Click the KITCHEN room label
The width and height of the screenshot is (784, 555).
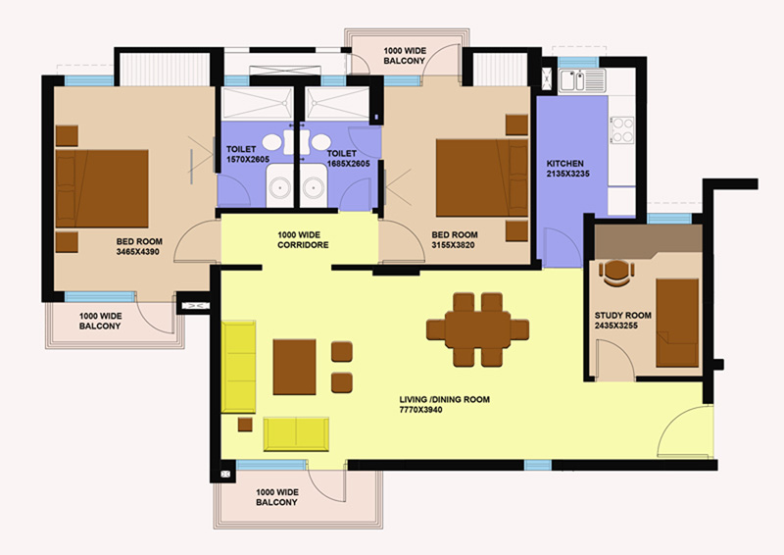pos(565,164)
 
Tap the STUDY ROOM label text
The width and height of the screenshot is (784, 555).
pos(623,316)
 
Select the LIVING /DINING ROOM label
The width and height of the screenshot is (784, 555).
pos(445,400)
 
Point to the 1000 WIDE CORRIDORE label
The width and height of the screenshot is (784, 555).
pos(303,239)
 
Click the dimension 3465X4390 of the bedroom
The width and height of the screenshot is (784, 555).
pos(138,252)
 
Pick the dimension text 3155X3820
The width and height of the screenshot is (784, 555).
pos(453,245)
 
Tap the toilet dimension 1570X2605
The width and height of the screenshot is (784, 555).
pos(248,160)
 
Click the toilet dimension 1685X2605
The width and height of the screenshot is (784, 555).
pos(349,164)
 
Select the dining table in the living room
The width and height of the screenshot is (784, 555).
pos(477,329)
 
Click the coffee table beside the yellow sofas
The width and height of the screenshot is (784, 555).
pos(295,367)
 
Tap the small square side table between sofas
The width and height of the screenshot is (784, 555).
pos(245,425)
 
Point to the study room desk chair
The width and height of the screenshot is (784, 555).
pos(617,273)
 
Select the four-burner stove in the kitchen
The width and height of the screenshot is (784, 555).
pos(622,130)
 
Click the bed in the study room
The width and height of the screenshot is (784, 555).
pos(677,323)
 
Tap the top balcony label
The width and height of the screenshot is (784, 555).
pos(405,56)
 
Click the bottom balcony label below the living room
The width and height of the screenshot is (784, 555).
pos(277,497)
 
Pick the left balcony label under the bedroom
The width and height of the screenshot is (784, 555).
pos(100,322)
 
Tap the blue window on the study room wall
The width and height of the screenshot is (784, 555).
pos(669,219)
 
